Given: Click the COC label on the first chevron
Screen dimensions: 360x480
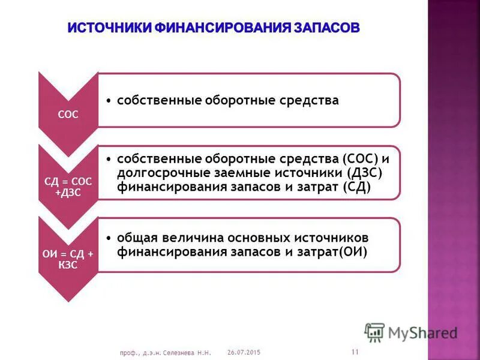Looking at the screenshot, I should pos(68,115).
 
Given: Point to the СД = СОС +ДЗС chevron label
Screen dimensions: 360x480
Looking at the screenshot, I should pos(68,186).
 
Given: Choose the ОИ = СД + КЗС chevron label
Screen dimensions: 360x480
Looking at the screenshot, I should pos(68,260).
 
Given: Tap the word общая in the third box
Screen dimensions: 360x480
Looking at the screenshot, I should pos(136,238).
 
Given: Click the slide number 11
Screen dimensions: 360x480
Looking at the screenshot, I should pos(355,352).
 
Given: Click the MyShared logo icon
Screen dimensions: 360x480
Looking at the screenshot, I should pos(374,332).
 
